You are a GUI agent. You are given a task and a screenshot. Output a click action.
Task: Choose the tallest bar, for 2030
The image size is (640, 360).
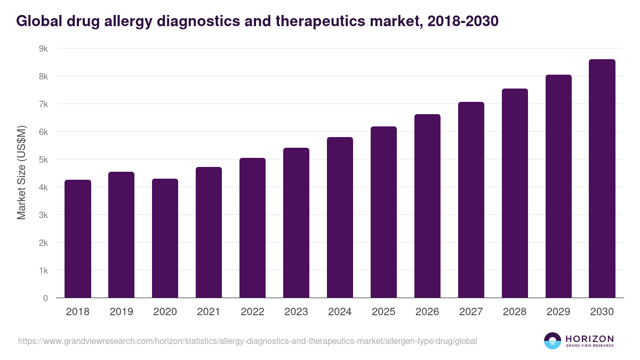[x=602, y=179]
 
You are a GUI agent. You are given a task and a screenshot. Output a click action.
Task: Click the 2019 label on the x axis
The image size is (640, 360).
[x=122, y=312]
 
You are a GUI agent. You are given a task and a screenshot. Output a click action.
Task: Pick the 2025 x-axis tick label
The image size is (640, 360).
[x=383, y=312]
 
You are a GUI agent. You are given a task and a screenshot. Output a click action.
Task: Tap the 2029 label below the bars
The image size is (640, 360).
[x=558, y=312]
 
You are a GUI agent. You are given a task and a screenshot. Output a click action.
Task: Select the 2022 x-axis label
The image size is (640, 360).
[x=252, y=312]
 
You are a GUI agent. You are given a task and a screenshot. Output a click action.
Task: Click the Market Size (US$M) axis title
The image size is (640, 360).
[x=22, y=173]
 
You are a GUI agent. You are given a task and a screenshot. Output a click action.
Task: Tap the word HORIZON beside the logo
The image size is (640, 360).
[x=589, y=339]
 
